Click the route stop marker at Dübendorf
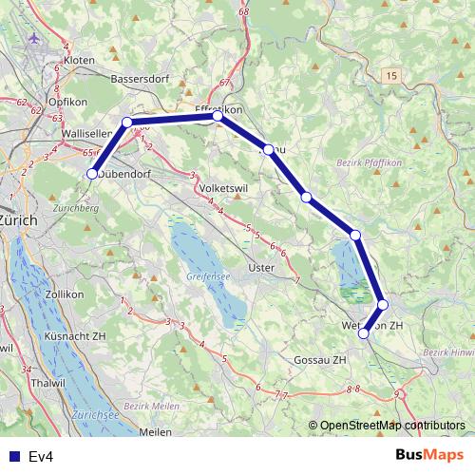[93, 174]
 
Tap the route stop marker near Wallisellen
[127, 123]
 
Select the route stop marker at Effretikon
[218, 116]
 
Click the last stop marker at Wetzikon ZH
[363, 333]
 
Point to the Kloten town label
[79, 60]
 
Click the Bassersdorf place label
[140, 79]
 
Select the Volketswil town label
[225, 188]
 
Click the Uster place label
[260, 268]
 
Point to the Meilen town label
[155, 432]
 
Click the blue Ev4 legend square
[10, 456]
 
